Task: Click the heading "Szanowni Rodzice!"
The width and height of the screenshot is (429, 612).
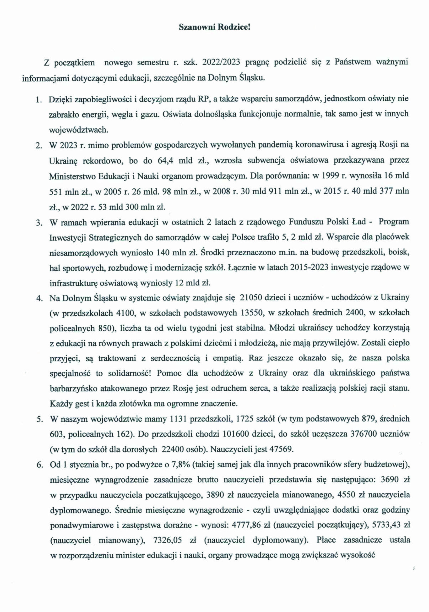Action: (x=215, y=27)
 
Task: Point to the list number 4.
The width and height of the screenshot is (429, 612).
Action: (x=39, y=299)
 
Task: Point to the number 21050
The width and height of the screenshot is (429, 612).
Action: (x=251, y=298)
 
